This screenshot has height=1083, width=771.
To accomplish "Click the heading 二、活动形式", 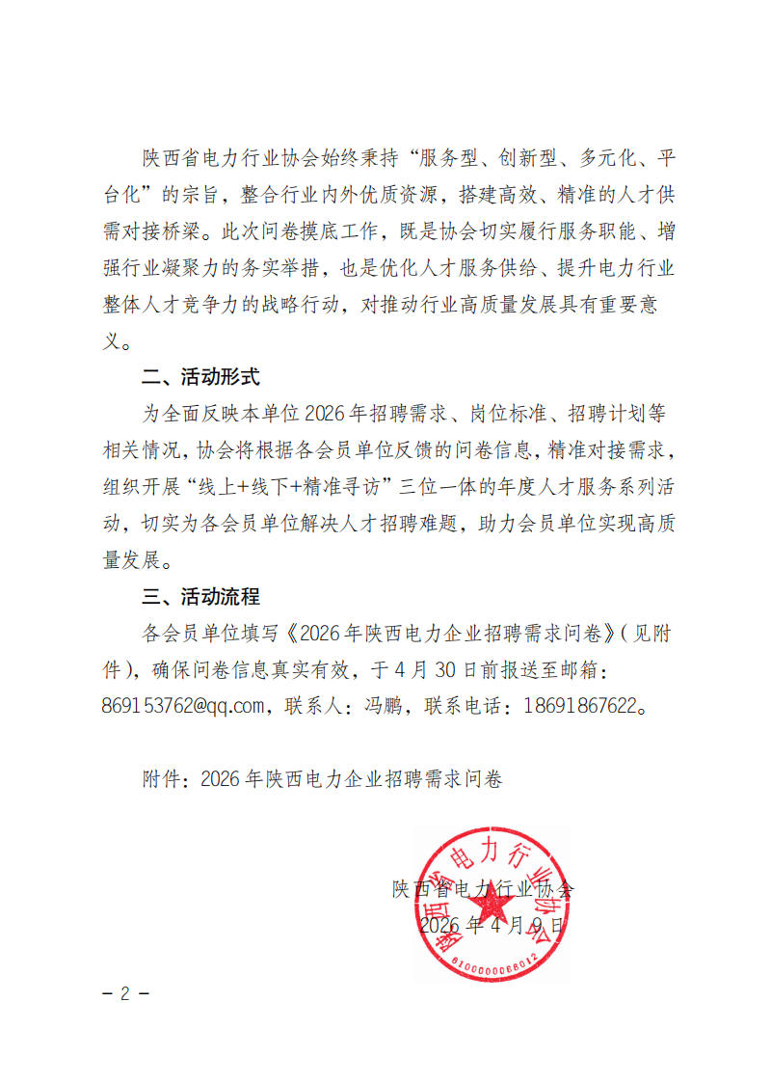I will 200,377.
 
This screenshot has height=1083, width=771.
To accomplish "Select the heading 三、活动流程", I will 200,597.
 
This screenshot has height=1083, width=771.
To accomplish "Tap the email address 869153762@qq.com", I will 183,706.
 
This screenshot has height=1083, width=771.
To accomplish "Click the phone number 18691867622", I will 581,706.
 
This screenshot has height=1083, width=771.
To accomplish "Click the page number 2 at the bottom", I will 124,994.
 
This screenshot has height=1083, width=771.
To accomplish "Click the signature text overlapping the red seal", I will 482,889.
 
